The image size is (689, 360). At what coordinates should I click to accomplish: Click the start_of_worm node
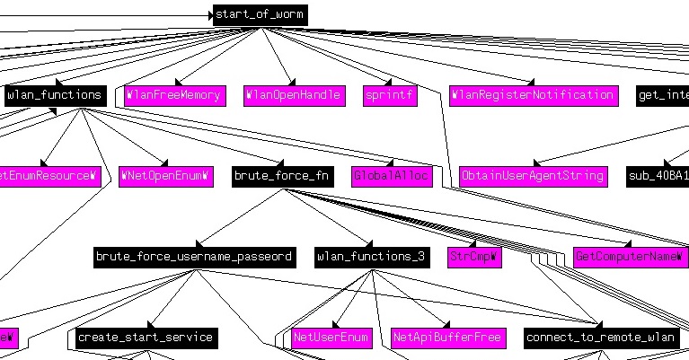click(260, 14)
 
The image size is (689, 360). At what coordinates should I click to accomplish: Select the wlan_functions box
click(55, 95)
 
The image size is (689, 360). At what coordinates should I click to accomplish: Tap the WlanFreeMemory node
click(173, 95)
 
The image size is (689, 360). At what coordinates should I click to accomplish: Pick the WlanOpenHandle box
click(293, 95)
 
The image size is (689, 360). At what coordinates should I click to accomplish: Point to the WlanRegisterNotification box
click(534, 95)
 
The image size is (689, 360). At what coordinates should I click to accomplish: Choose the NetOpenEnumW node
click(165, 176)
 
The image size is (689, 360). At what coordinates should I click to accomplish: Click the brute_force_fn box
click(281, 176)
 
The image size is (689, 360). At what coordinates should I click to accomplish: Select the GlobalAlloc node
click(392, 176)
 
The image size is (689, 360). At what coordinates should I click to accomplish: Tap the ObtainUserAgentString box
click(533, 176)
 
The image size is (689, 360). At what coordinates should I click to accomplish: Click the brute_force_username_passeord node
click(194, 257)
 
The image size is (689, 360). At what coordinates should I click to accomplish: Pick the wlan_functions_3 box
click(371, 257)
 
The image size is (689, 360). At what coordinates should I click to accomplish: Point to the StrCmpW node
click(474, 257)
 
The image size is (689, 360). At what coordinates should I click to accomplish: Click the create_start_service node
click(145, 338)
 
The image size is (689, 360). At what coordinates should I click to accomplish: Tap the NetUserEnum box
click(331, 338)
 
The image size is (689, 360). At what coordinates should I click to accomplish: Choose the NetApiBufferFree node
click(447, 338)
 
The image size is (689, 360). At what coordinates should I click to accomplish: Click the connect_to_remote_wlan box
click(601, 338)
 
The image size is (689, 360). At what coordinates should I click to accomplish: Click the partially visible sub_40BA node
click(658, 176)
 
